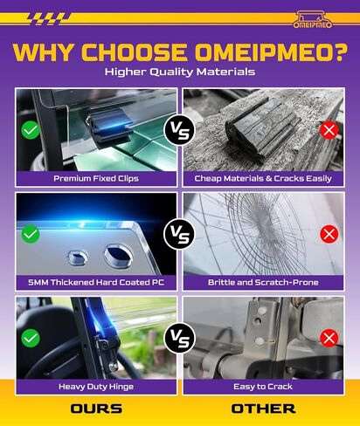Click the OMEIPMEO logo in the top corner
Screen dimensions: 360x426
click(313, 19)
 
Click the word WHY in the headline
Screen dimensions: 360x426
click(43, 52)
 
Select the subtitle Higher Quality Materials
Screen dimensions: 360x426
click(180, 72)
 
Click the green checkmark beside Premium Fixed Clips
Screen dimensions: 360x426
click(31, 130)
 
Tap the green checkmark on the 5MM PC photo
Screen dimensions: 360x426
click(31, 234)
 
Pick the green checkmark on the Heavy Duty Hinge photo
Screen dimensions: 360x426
click(31, 338)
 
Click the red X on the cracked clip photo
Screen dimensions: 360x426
click(329, 130)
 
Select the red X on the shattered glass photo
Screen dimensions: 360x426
click(329, 234)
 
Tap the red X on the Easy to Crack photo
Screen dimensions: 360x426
click(329, 338)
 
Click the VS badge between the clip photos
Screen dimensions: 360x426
click(180, 131)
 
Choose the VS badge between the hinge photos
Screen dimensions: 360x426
click(180, 338)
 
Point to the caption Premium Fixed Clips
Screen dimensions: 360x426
click(96, 178)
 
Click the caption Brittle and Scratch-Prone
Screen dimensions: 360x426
click(263, 282)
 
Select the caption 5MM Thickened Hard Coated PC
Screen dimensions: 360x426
click(96, 282)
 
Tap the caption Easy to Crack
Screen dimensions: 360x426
click(263, 387)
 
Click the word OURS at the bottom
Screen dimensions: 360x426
click(96, 409)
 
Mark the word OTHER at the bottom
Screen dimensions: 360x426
click(264, 409)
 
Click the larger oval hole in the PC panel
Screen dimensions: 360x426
click(118, 255)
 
